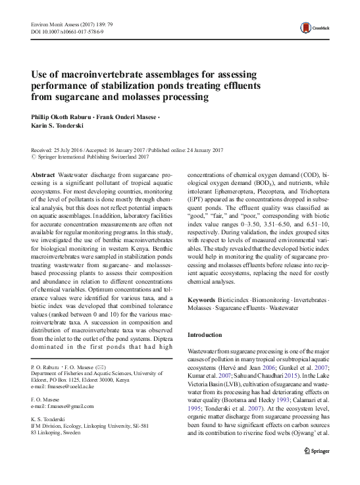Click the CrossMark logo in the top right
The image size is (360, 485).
[313, 27]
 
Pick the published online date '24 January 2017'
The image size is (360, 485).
[194, 150]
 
